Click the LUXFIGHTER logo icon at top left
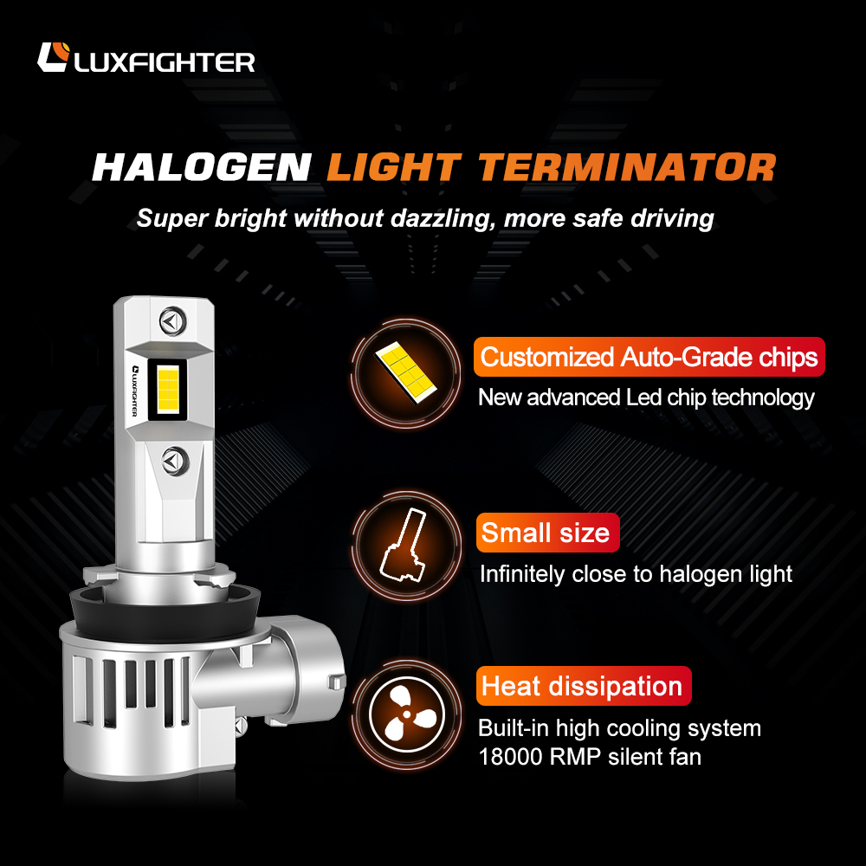tap(54, 57)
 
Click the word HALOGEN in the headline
tap(202, 167)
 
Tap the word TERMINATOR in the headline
tap(627, 167)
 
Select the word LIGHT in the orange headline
tap(394, 167)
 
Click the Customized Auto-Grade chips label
tap(649, 357)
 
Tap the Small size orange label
tap(547, 533)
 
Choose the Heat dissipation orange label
tap(583, 686)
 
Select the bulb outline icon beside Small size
tap(404, 545)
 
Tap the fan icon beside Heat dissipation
tap(407, 715)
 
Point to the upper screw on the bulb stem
tap(173, 320)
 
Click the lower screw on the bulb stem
tap(176, 461)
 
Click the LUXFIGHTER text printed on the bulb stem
tap(135, 391)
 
